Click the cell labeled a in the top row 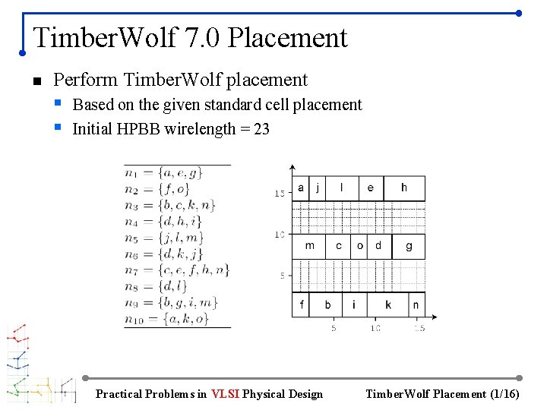301,188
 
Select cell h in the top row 404,188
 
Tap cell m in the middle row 309,246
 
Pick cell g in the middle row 409,246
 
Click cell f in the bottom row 302,304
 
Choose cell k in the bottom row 388,304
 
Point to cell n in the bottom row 416,304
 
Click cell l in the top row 341,188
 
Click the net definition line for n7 177,270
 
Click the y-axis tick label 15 280,194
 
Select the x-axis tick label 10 375,328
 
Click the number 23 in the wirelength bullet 261,129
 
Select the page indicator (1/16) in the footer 504,393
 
